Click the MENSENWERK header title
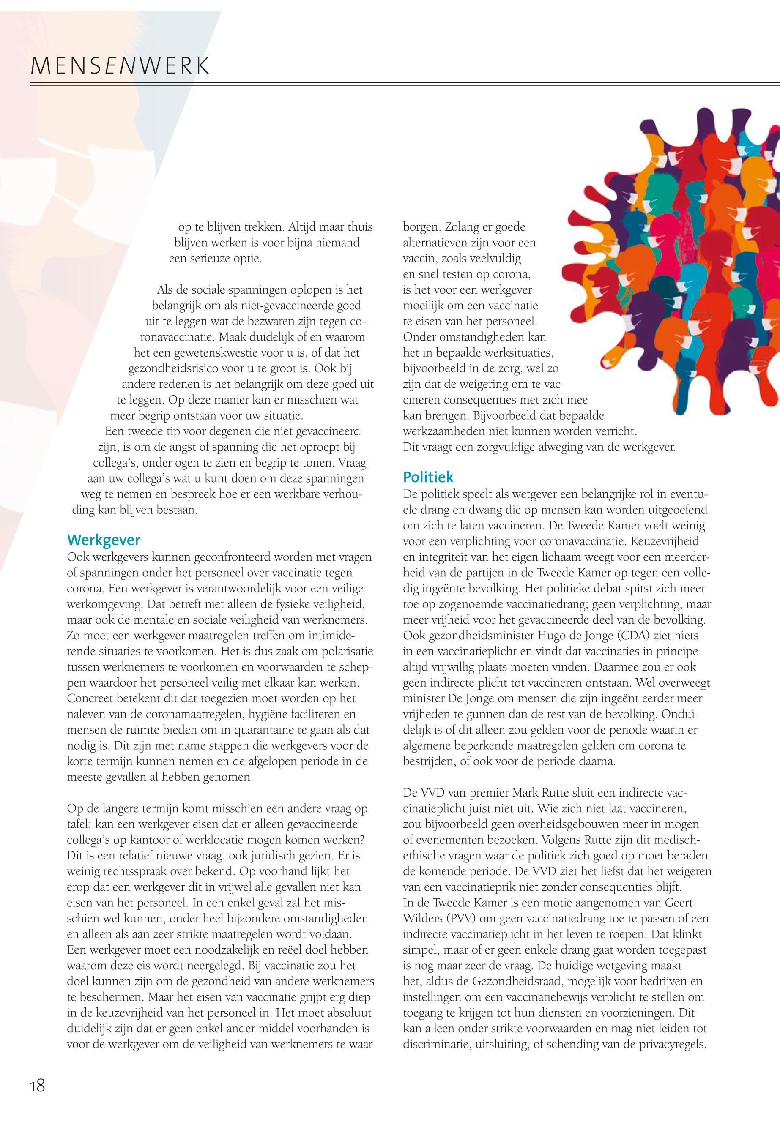click(120, 66)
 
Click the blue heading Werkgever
click(103, 540)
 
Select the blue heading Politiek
click(428, 477)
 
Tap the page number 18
click(37, 1086)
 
